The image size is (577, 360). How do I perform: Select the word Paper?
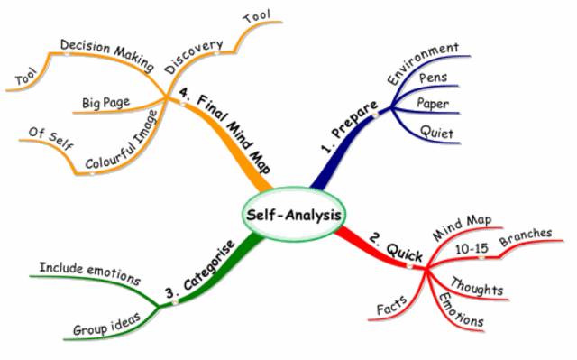pos(433,104)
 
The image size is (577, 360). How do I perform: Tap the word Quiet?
pos(435,133)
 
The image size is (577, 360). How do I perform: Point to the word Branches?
pos(526,235)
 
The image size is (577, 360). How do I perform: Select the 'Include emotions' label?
pos(90,272)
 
